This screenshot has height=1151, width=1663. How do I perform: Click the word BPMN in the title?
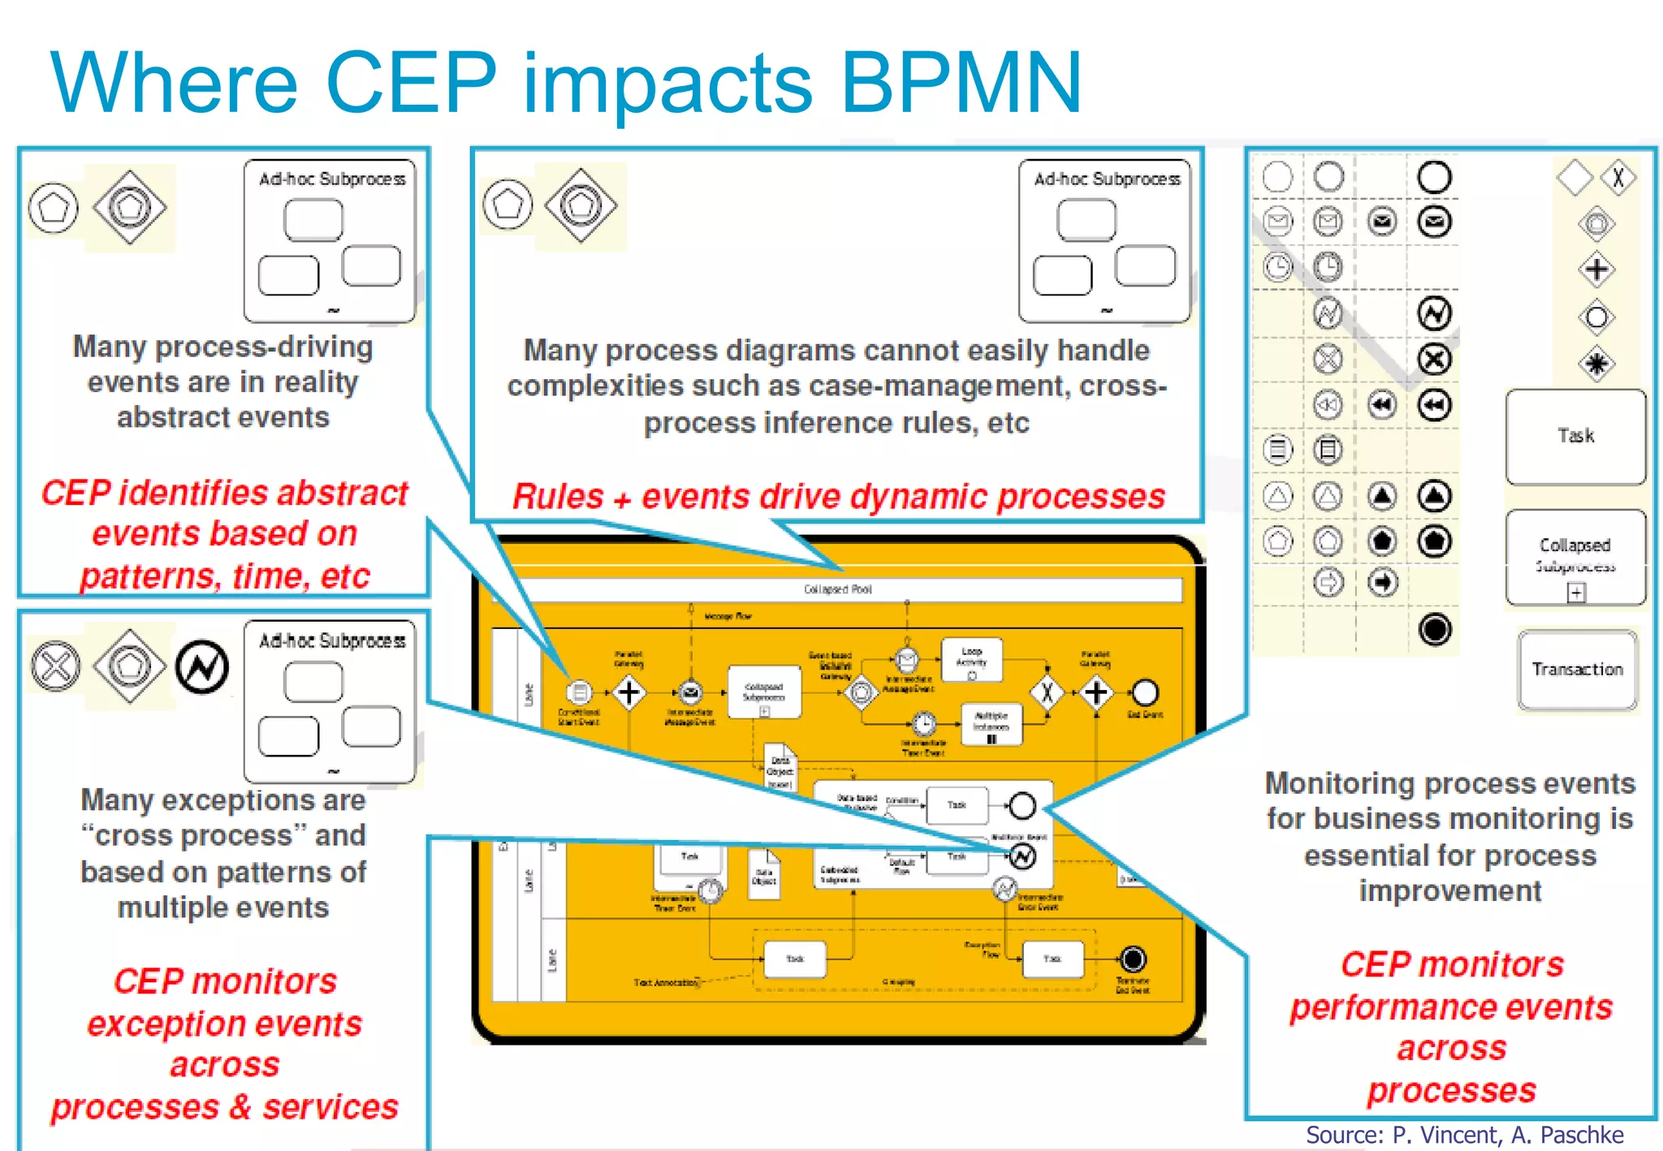961,83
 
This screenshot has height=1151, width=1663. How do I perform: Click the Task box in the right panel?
1575,436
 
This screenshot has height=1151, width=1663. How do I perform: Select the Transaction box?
1577,670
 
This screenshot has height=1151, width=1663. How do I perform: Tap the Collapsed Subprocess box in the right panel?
1575,557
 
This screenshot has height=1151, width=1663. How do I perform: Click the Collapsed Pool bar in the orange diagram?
838,589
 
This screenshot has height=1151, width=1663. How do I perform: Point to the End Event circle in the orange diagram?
1144,692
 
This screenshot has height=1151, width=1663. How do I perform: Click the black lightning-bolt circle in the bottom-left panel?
202,667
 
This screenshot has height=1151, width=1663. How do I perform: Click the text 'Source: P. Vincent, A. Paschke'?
1464,1135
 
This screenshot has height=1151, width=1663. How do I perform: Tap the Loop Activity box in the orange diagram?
971,659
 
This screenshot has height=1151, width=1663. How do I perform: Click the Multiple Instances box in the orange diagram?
991,723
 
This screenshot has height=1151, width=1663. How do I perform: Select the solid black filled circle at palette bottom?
1435,629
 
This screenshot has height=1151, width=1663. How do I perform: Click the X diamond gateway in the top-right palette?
1618,177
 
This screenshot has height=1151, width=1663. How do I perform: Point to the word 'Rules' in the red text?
558,497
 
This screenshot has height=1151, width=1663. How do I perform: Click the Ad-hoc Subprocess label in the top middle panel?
1107,179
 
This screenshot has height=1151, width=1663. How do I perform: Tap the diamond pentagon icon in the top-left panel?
129,208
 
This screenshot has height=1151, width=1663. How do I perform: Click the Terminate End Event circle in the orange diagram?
1133,959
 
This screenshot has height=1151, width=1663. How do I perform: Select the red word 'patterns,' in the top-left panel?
145,576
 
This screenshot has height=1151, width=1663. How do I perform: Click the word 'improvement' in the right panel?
1450,891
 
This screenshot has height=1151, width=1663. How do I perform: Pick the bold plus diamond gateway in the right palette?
1596,269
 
